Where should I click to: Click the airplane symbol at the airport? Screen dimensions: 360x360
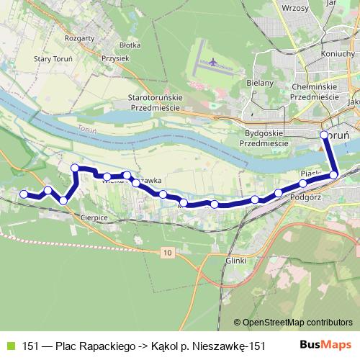pyautogui.click(x=212, y=63)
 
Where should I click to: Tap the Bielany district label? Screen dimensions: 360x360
pyautogui.click(x=260, y=83)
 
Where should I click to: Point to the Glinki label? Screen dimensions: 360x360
pyautogui.click(x=235, y=260)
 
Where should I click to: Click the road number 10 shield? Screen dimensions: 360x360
pyautogui.click(x=167, y=252)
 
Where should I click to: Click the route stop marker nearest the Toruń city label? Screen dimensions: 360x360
pyautogui.click(x=324, y=135)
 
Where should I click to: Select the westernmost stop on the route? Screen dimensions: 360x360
pyautogui.click(x=24, y=194)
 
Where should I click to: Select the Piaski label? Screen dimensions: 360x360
pyautogui.click(x=311, y=173)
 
